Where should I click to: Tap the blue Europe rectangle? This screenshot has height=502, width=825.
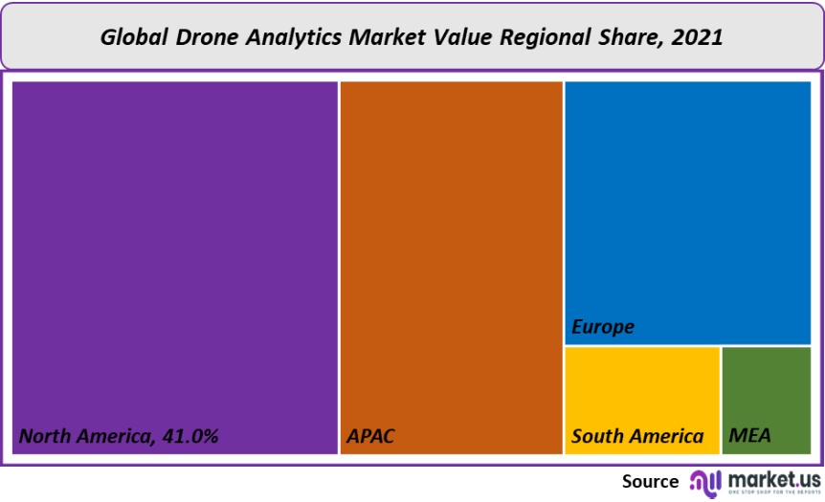(x=687, y=201)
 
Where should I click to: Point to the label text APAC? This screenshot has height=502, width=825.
(x=369, y=437)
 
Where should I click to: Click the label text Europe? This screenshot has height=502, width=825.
(x=603, y=327)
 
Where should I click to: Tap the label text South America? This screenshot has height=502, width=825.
(x=637, y=437)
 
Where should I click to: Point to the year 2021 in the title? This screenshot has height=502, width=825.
(x=698, y=37)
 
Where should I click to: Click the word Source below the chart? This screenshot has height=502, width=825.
(x=650, y=481)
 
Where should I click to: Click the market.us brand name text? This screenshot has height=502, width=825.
(x=773, y=478)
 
